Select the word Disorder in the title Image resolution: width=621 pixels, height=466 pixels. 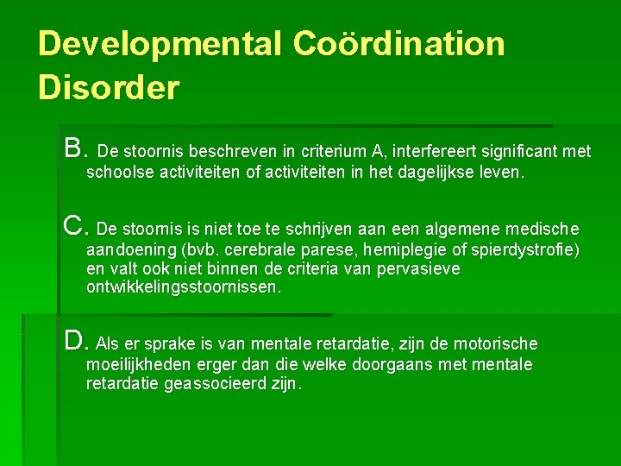(x=109, y=87)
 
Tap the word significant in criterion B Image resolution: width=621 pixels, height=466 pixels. (x=518, y=152)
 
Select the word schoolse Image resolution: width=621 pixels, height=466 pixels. (x=120, y=173)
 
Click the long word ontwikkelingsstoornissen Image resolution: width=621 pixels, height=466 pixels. (x=184, y=287)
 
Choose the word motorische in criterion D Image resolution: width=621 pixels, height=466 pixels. (x=495, y=344)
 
